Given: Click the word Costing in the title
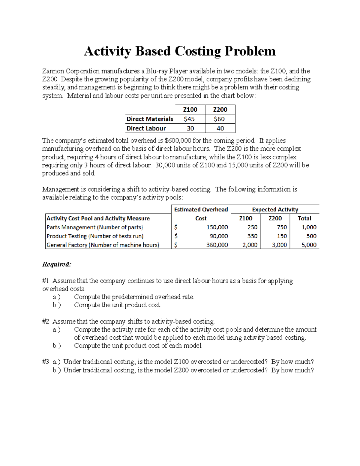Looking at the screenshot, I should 198,51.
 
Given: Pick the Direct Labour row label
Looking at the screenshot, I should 146,128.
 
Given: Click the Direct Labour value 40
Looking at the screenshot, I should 220,128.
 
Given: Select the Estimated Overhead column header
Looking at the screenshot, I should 201,209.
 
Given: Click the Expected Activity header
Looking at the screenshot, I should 275,209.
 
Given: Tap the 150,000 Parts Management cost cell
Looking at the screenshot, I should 217,227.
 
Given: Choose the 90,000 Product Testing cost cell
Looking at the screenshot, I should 219,236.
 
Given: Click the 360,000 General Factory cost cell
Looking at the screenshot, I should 217,245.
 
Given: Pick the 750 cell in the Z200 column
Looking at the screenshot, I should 282,227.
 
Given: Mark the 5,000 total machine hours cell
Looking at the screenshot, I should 309,245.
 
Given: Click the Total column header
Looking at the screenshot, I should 304,218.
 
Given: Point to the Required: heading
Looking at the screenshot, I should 57,264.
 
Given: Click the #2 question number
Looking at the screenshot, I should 46,321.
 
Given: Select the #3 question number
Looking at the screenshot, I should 46,362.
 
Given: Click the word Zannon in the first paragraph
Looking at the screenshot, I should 53,71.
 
